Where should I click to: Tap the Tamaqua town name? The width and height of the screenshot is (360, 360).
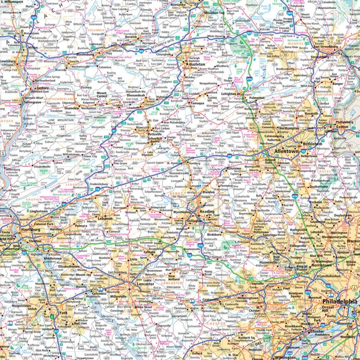[x=197, y=103]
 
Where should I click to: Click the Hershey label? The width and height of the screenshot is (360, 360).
[x=56, y=229]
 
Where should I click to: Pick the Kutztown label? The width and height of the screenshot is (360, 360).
[x=234, y=168]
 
